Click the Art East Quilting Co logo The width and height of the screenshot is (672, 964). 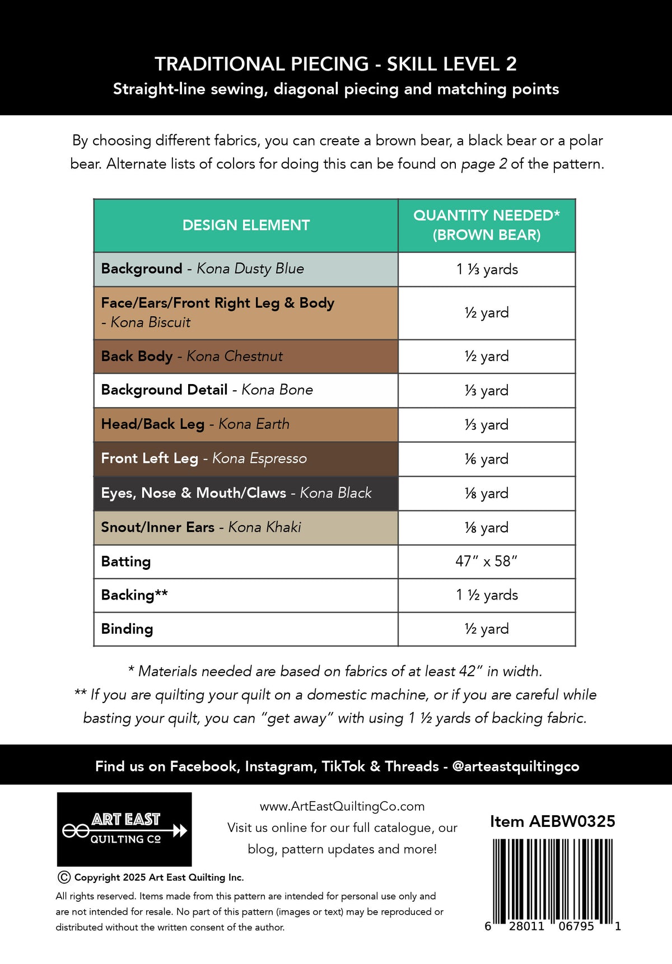pos(124,829)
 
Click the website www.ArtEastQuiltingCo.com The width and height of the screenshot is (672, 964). pos(342,806)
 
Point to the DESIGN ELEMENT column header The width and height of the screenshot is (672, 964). pos(246,225)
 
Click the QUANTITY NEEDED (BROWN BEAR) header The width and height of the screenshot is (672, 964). pos(486,225)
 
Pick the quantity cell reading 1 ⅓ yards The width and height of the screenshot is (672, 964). pos(487,269)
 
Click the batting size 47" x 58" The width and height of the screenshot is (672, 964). pos(486,561)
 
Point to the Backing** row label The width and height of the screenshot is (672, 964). pos(134,595)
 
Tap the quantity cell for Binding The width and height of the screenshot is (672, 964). pos(486,629)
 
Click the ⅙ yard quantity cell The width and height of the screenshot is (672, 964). pos(486,459)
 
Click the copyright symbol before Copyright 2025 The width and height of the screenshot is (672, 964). pos(64,877)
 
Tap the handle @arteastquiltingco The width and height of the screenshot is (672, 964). pos(515,766)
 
